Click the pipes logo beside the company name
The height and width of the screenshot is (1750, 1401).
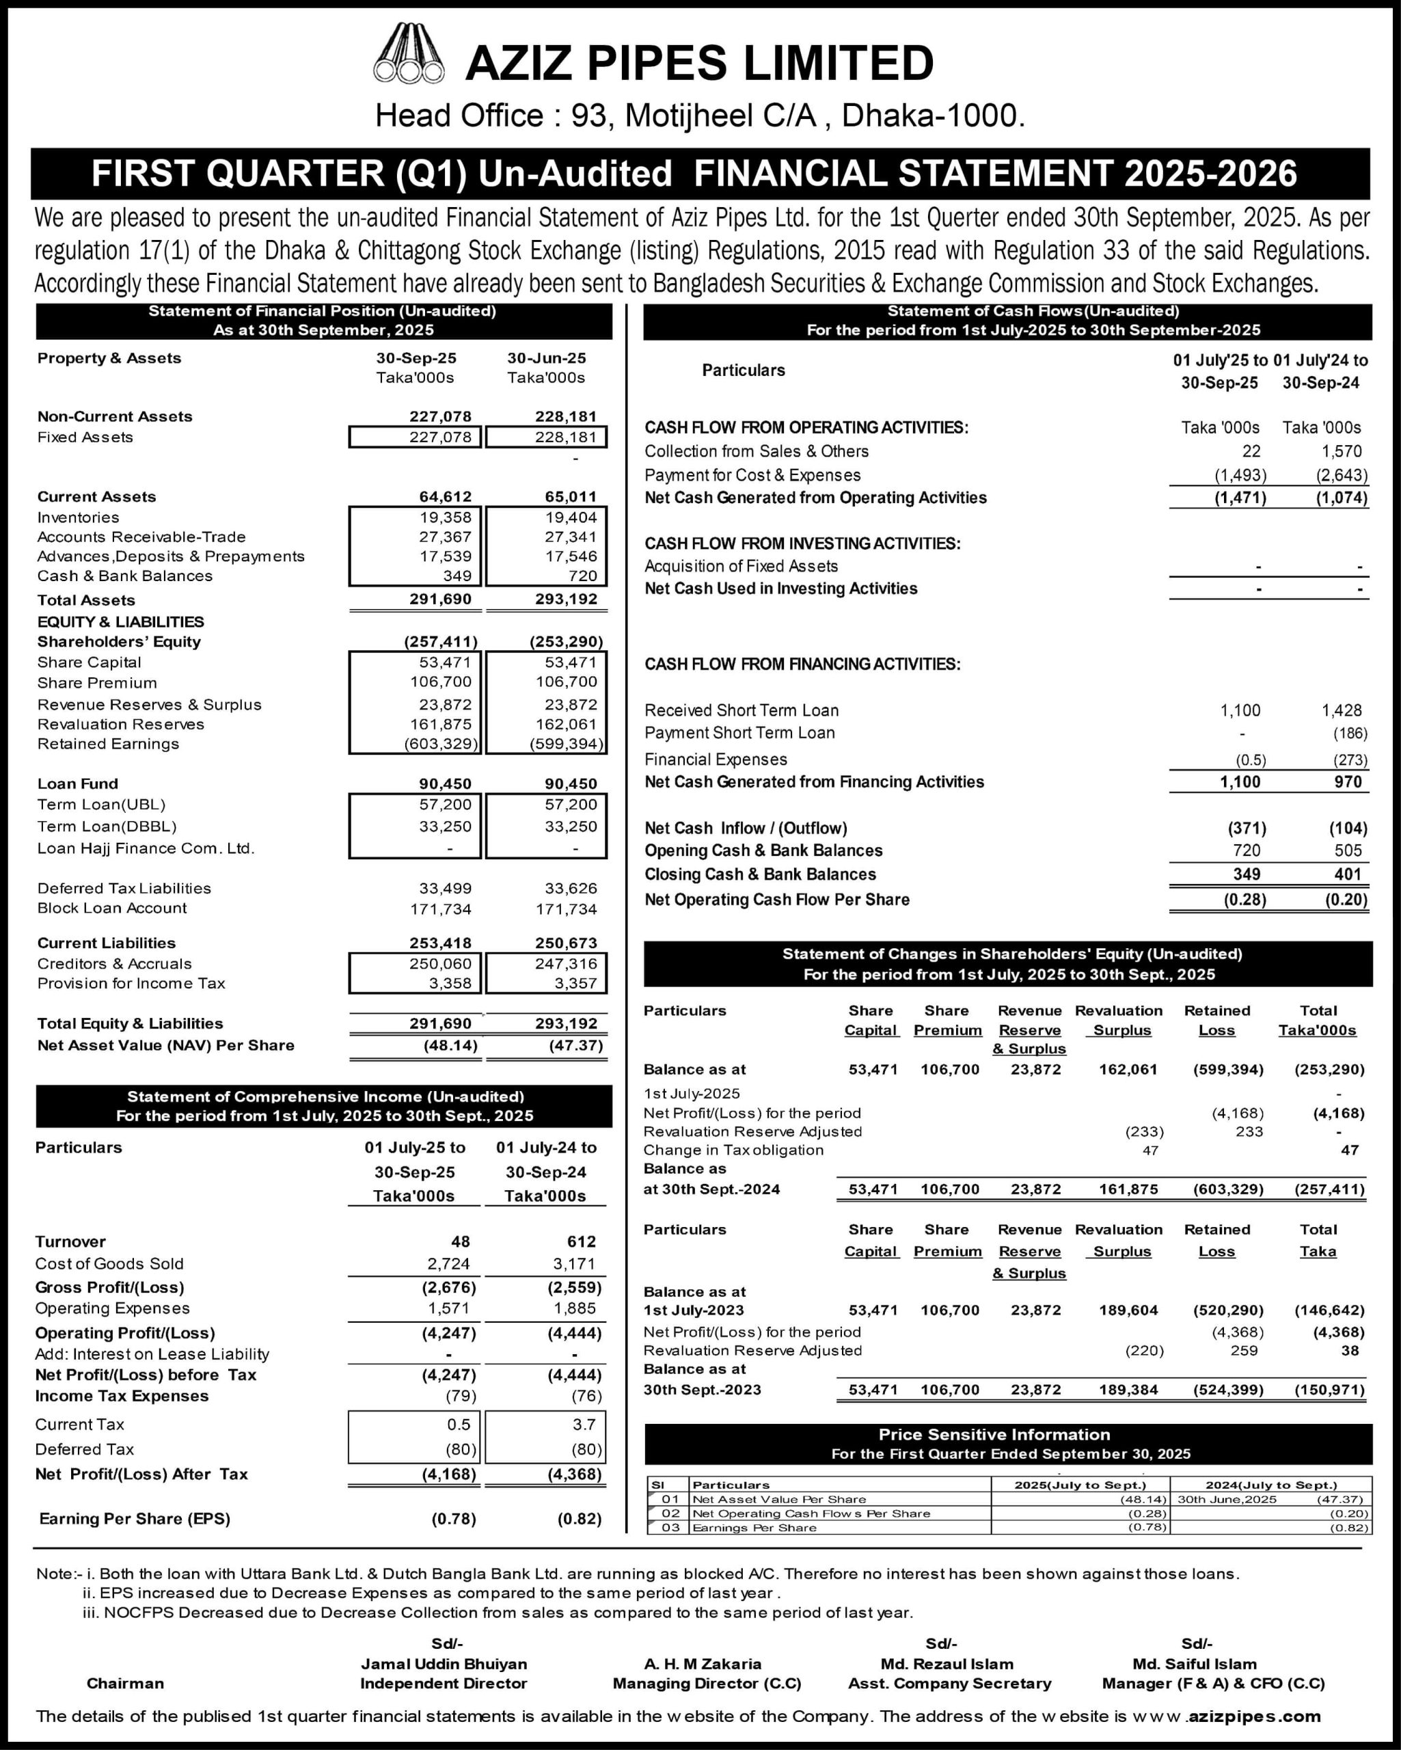click(409, 55)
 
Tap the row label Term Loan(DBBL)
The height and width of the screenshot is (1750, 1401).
click(107, 826)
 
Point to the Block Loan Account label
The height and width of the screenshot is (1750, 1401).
click(112, 908)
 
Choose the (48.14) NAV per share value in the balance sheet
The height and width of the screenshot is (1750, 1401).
click(450, 1045)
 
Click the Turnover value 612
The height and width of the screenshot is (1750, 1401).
click(581, 1242)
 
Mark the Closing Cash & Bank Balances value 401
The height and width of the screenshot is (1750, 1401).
click(1348, 874)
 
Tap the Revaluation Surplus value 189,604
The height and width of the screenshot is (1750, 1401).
click(1128, 1310)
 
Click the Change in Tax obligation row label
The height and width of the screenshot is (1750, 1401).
click(733, 1150)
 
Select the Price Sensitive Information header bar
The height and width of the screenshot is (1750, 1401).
click(1007, 1444)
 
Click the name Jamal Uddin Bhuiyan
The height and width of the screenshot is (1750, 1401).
click(444, 1663)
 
